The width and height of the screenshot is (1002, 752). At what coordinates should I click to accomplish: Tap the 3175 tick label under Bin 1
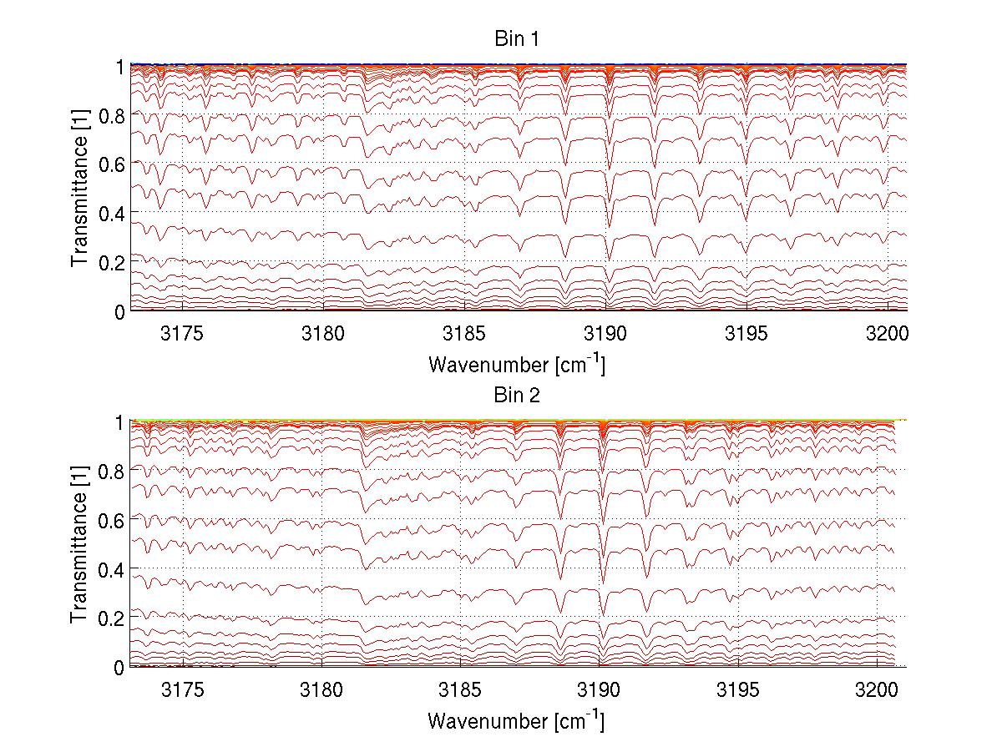[182, 336]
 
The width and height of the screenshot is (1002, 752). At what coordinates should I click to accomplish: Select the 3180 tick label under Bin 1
[323, 336]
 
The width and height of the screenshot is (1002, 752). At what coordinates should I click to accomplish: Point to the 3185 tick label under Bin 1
[464, 336]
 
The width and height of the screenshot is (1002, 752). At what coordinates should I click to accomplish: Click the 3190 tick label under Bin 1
[605, 336]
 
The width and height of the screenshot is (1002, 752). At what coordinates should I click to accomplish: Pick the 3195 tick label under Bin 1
[746, 336]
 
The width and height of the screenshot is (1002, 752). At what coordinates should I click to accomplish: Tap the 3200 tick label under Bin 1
[887, 336]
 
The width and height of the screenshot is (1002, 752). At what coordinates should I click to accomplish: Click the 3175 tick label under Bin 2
[182, 693]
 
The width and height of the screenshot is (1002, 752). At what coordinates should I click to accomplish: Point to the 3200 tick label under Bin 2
[877, 693]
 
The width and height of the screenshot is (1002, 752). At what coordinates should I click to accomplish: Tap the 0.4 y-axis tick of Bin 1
[111, 213]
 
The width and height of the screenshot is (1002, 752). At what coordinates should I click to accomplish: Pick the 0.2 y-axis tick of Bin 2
[111, 618]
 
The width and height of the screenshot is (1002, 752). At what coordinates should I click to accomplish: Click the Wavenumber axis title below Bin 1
[516, 365]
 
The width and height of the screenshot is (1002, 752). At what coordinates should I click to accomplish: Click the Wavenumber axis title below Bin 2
[516, 721]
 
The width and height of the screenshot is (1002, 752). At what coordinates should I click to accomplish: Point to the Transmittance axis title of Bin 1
[79, 188]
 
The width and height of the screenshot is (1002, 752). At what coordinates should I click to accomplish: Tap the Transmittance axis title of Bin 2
[79, 544]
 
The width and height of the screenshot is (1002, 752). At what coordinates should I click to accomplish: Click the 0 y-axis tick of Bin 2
[119, 667]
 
